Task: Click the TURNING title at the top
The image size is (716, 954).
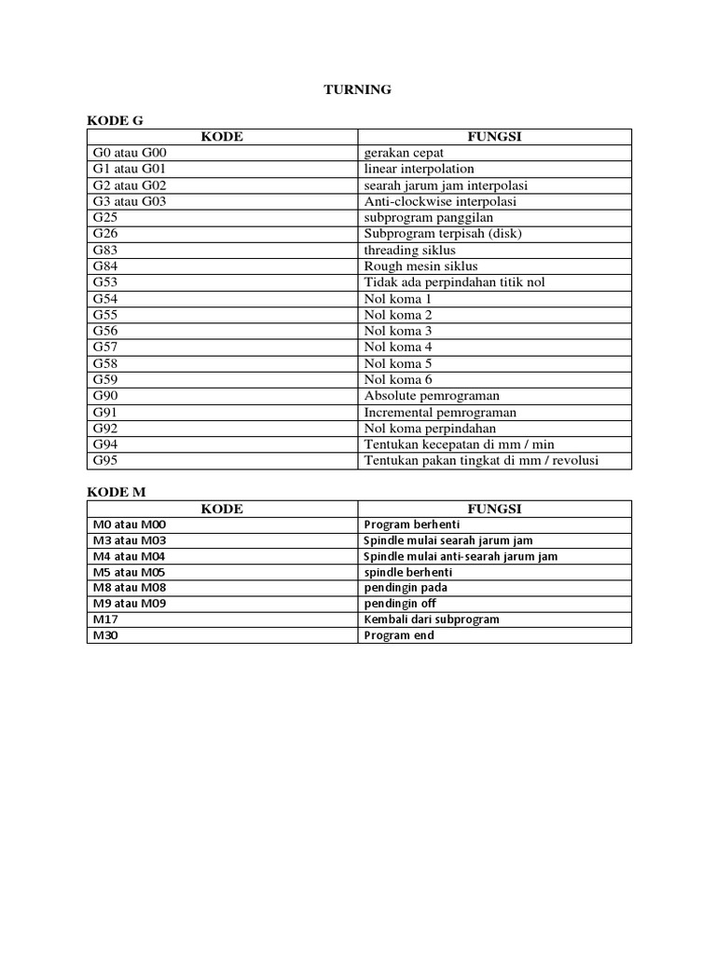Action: [357, 89]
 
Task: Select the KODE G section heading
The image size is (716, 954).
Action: [116, 120]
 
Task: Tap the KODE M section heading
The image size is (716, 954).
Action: [117, 491]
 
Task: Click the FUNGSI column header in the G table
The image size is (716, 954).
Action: [494, 137]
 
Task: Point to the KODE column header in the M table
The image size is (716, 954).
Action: [222, 509]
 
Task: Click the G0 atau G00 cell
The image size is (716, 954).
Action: [129, 153]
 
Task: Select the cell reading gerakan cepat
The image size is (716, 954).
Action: [404, 153]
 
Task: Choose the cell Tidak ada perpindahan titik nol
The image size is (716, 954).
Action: [454, 282]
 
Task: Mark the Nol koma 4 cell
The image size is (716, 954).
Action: [398, 348]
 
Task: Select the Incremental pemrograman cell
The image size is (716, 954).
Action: [440, 412]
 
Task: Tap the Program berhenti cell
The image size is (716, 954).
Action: [412, 525]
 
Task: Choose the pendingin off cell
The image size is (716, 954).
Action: [400, 604]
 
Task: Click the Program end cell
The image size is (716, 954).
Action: [399, 635]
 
